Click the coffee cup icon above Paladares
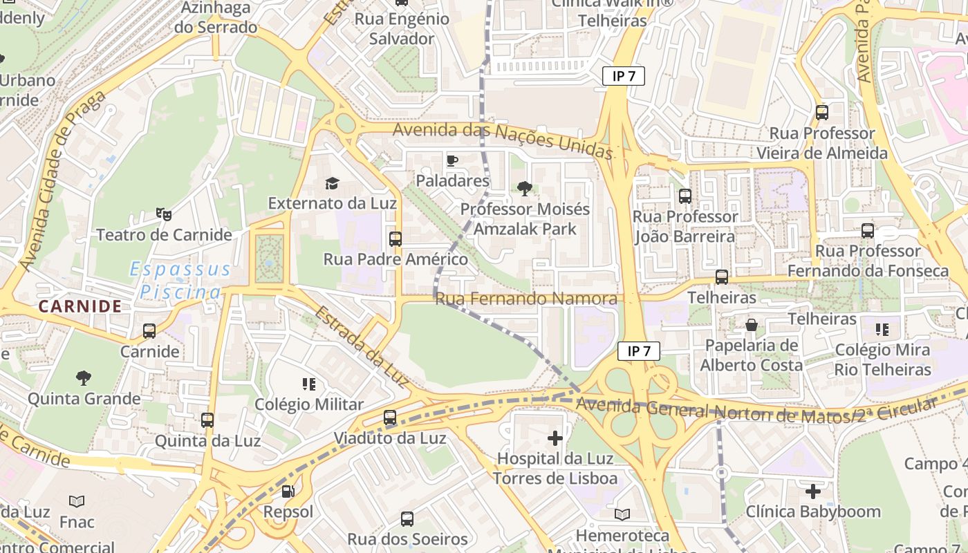tap(452, 160)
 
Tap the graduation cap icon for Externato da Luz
tap(333, 183)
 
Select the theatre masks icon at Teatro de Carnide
tap(164, 214)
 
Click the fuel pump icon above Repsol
tap(288, 491)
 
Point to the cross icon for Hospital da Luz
tap(555, 438)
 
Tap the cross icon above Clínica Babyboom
tap(813, 491)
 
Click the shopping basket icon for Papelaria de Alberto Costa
tap(752, 325)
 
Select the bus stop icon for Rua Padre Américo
tap(395, 239)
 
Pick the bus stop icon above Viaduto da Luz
tap(390, 418)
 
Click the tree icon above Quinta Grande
tap(84, 378)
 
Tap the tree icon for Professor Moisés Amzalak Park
tap(525, 188)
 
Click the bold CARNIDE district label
tap(80, 306)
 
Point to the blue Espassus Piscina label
tap(180, 281)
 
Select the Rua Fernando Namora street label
tap(525, 299)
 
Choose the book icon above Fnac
tap(77, 501)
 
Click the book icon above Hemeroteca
tap(622, 514)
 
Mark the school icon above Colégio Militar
tap(309, 384)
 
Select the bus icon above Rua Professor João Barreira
tap(685, 196)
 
